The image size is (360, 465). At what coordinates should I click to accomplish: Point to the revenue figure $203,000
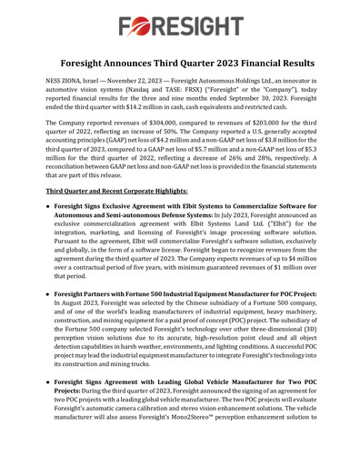coord(278,146)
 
